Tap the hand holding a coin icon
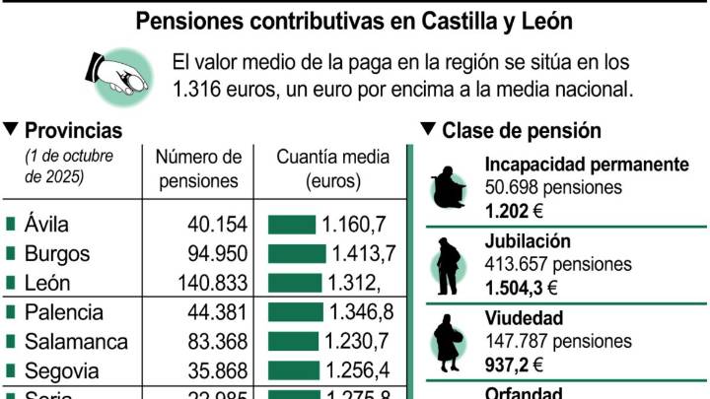[x=119, y=73]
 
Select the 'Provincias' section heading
[x=72, y=130]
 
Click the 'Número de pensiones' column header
[x=198, y=168]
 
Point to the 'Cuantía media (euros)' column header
[x=332, y=168]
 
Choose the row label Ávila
[x=47, y=224]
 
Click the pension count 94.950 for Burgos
[x=216, y=253]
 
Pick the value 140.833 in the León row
[x=209, y=283]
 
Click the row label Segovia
[x=61, y=371]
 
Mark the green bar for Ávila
[x=291, y=224]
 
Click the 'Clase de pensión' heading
[x=521, y=130]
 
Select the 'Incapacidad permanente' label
[x=586, y=165]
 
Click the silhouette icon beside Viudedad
[x=449, y=340]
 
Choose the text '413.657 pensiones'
[x=557, y=264]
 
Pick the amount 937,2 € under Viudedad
[x=513, y=364]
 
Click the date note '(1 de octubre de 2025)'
[x=68, y=166]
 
